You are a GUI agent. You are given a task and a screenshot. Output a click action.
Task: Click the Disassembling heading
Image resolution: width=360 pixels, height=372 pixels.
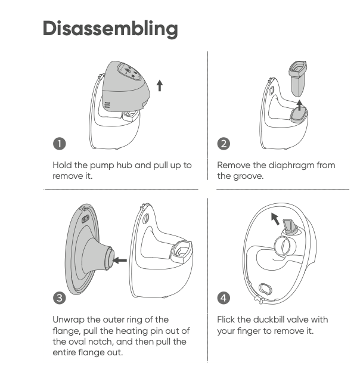110,29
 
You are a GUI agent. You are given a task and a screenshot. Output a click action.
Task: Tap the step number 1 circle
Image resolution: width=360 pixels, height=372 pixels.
59,144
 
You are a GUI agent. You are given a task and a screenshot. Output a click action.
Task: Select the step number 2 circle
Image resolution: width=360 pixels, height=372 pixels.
224,144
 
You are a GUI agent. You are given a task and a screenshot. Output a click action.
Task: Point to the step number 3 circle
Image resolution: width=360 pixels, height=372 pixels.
59,297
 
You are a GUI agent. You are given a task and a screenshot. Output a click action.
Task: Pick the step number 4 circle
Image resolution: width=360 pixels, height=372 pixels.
224,297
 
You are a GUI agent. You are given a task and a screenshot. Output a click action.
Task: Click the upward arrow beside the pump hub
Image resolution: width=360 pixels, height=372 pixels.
160,86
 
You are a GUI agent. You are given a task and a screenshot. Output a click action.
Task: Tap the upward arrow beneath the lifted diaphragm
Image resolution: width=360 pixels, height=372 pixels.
300,106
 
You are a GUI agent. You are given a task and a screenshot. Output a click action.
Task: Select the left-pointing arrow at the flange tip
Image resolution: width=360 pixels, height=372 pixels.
120,261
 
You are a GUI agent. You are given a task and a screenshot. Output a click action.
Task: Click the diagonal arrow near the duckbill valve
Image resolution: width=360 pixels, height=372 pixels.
275,219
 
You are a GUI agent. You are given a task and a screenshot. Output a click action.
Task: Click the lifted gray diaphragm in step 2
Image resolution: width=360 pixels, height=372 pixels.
298,78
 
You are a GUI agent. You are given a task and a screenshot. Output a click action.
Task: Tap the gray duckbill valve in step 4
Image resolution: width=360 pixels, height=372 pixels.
290,227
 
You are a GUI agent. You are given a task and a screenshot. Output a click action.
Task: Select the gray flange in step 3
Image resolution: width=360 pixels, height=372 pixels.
89,249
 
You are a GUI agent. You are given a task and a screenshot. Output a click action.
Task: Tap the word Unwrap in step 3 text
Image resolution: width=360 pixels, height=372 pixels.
69,320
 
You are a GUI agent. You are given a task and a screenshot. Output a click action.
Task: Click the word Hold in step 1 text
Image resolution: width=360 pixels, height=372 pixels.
62,165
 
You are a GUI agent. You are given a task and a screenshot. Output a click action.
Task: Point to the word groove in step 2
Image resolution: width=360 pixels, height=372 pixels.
249,176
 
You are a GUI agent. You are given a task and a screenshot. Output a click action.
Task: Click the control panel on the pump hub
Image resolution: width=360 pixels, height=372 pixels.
129,71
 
